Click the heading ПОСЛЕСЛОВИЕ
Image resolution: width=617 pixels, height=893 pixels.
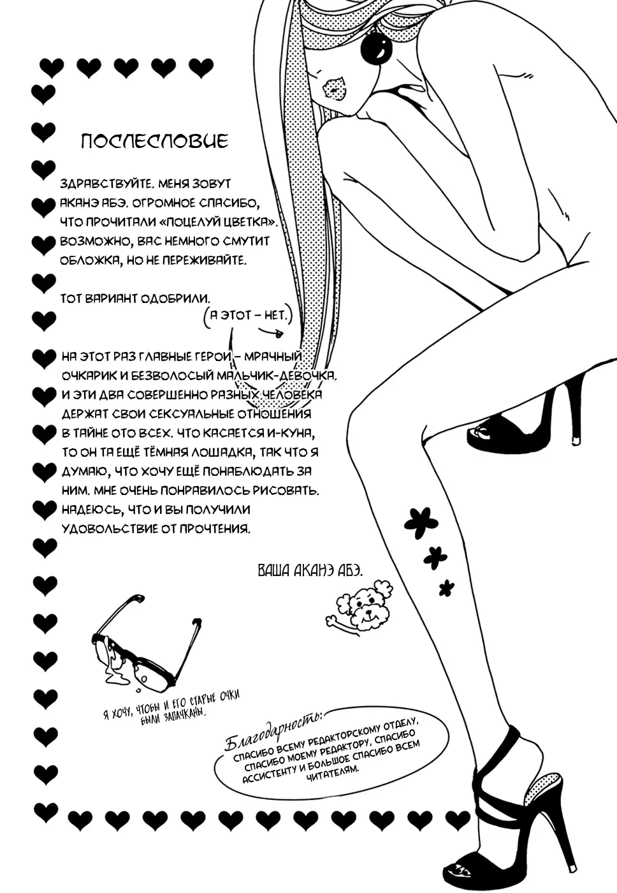(x=154, y=141)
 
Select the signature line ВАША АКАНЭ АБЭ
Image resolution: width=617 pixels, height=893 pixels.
(x=310, y=571)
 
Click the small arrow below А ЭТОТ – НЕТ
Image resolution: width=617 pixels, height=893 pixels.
(x=272, y=332)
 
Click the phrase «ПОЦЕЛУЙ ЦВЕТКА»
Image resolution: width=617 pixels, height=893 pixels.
(x=218, y=223)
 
